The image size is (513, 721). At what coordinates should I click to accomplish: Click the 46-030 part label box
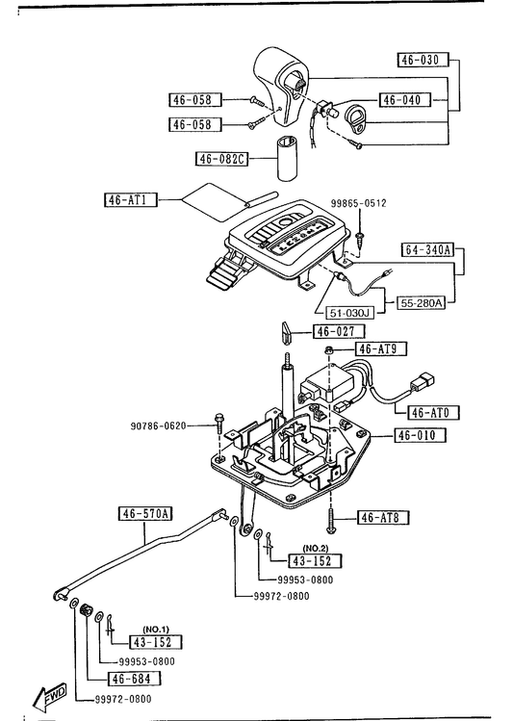click(x=423, y=60)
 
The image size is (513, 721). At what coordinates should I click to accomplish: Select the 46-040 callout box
click(x=405, y=100)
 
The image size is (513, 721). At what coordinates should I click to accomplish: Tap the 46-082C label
click(x=221, y=159)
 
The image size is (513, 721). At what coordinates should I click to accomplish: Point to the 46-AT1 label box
click(x=131, y=199)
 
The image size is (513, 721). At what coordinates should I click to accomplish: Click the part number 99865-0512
click(x=359, y=203)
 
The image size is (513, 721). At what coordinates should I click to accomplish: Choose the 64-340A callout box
click(x=427, y=249)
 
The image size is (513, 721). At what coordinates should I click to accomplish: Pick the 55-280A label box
click(x=421, y=303)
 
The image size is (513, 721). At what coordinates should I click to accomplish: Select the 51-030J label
click(x=349, y=313)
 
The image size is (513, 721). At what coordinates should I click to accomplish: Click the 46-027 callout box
click(x=339, y=331)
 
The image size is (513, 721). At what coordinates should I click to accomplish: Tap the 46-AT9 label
click(x=381, y=348)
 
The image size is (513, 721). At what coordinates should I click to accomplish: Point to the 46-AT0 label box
click(x=433, y=412)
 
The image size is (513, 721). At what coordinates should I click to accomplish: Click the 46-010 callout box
click(x=421, y=435)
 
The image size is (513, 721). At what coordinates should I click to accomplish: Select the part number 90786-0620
click(x=159, y=425)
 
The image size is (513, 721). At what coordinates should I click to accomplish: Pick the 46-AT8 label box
click(x=383, y=517)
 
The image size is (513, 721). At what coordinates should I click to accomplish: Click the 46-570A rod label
click(x=145, y=514)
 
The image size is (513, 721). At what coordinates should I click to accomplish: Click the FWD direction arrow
click(x=50, y=698)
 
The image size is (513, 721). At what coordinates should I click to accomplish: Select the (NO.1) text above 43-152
click(x=156, y=629)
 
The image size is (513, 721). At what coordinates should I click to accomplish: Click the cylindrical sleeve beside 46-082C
click(x=288, y=159)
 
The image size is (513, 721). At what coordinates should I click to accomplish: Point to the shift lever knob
click(x=280, y=85)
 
